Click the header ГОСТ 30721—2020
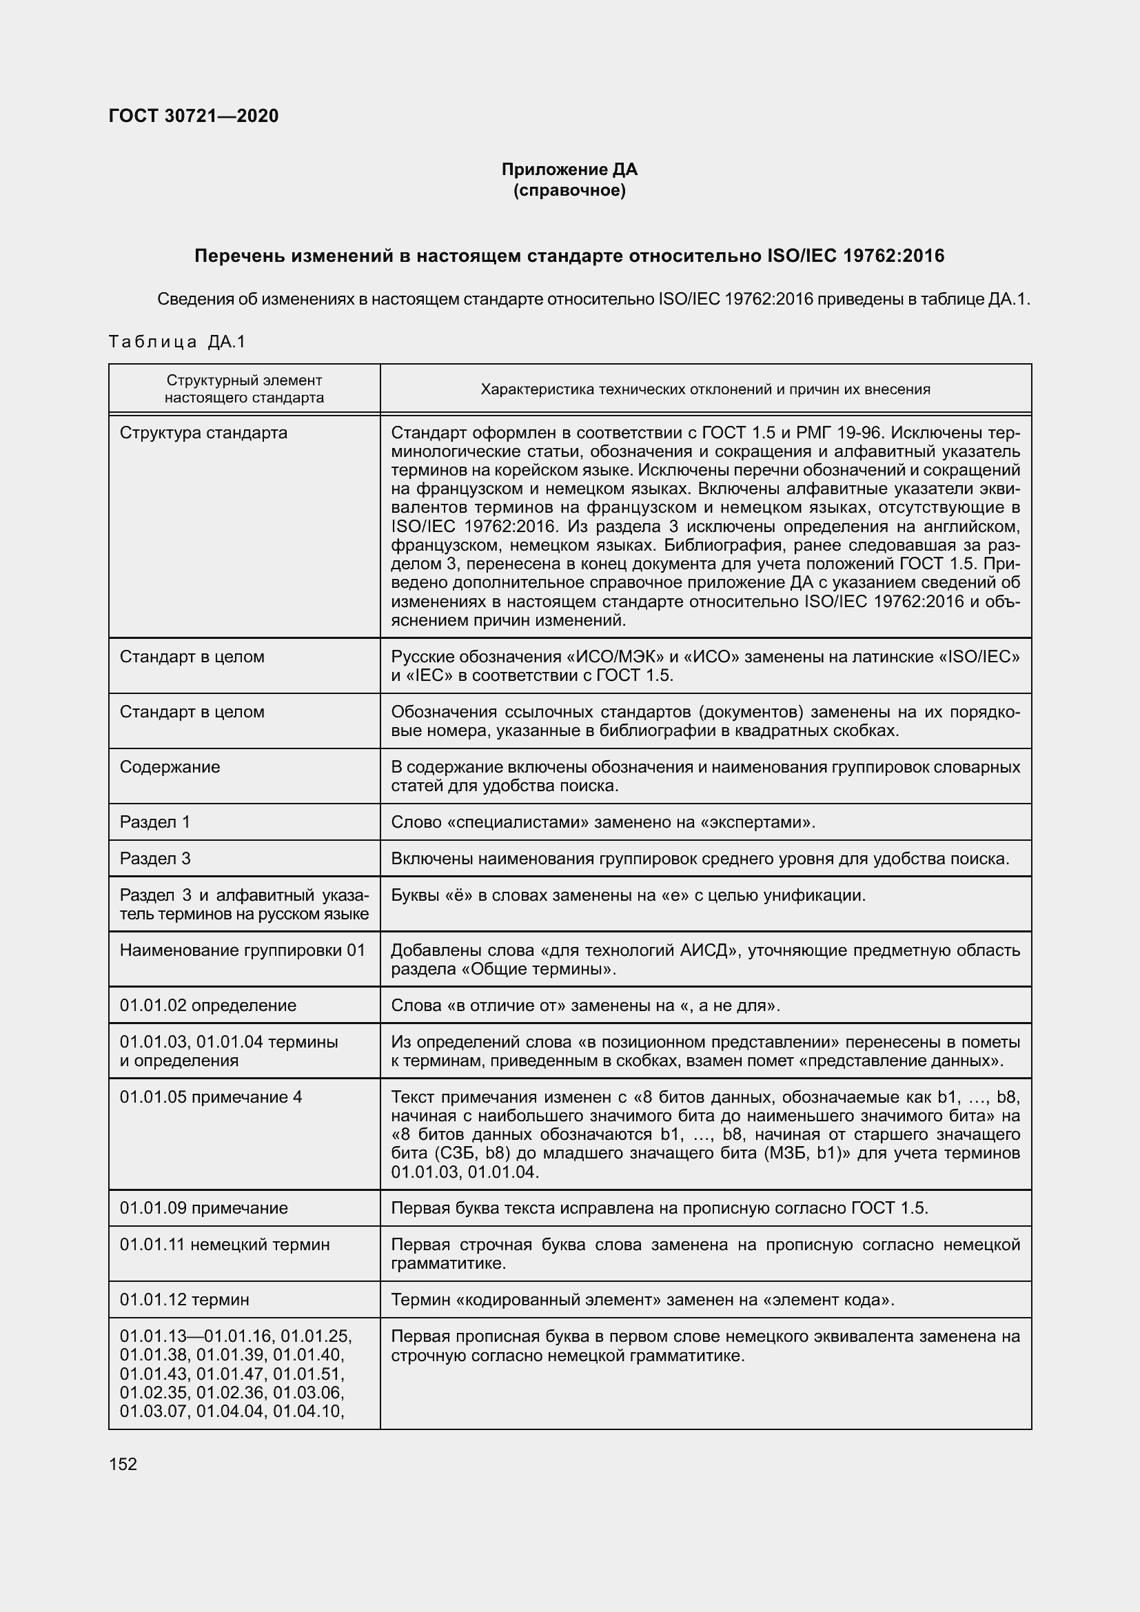(194, 116)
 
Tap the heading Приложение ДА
(569, 170)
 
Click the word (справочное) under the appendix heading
(569, 190)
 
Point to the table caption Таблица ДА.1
(177, 342)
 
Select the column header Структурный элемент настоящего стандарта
(244, 389)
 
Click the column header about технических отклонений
(705, 389)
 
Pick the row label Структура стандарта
(203, 433)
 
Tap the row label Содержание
(170, 766)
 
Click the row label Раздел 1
(155, 822)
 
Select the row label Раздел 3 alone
(155, 858)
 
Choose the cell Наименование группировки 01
(243, 950)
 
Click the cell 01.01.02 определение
(207, 1005)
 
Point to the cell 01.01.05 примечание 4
(211, 1096)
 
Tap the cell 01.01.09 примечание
(203, 1207)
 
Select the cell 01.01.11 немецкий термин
(225, 1244)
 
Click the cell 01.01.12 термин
(185, 1300)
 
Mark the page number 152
(123, 1464)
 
